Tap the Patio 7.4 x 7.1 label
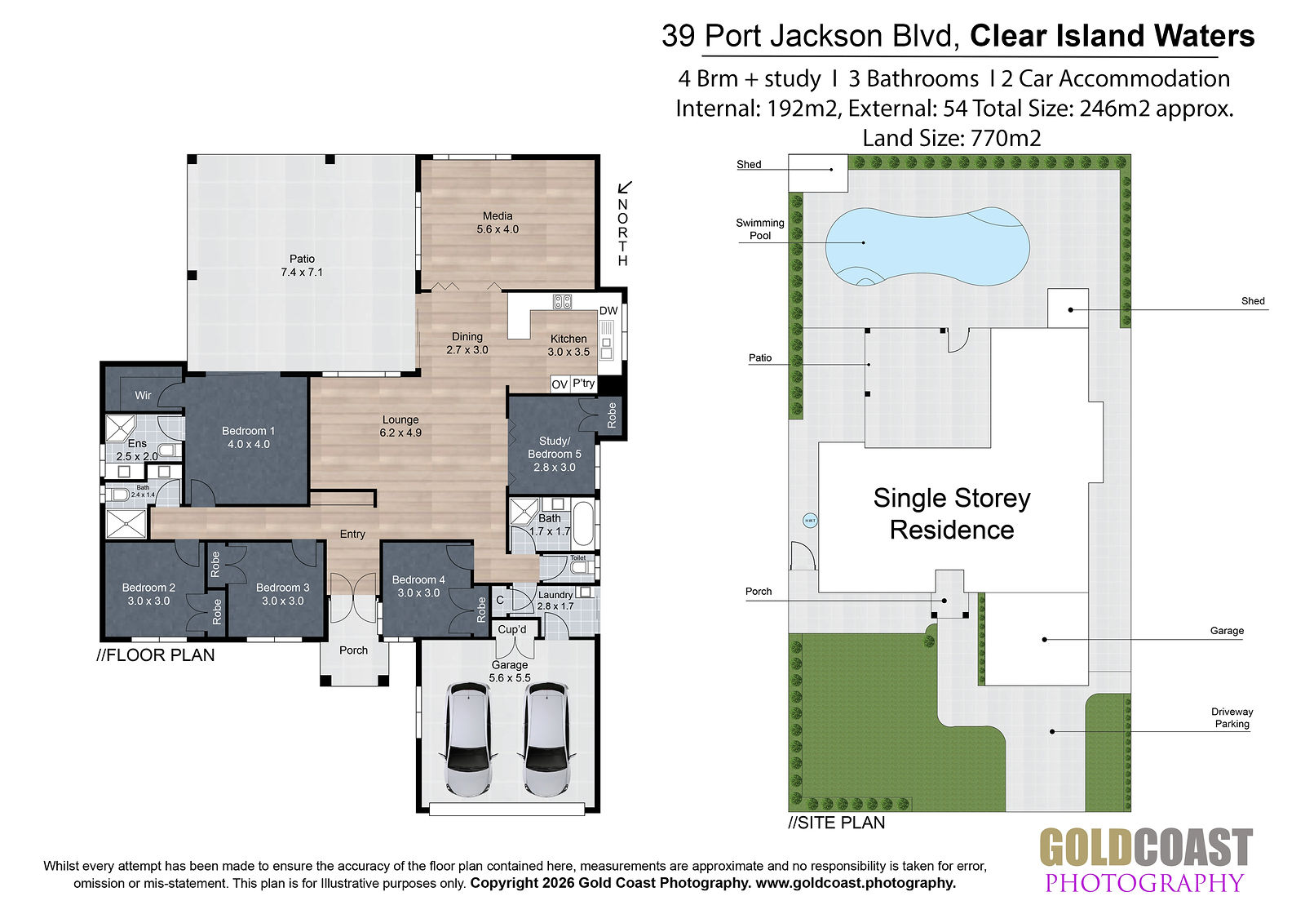[x=302, y=265]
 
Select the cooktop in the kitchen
[x=562, y=301]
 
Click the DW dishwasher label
[x=608, y=311]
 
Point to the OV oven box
[x=560, y=384]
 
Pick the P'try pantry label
[x=583, y=383]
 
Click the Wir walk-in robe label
[x=143, y=395]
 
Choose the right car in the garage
[x=546, y=739]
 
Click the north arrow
[x=625, y=187]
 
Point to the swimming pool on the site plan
[x=927, y=247]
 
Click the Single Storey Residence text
[x=952, y=514]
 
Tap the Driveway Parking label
[x=1232, y=718]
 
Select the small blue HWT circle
[x=810, y=521]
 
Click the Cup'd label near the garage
[x=512, y=629]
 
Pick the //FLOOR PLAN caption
[x=156, y=655]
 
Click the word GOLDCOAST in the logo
[x=1146, y=849]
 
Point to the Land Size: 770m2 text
[x=951, y=138]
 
